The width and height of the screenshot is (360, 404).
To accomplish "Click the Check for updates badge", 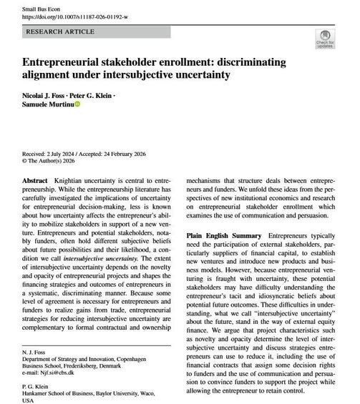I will (326, 39).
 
